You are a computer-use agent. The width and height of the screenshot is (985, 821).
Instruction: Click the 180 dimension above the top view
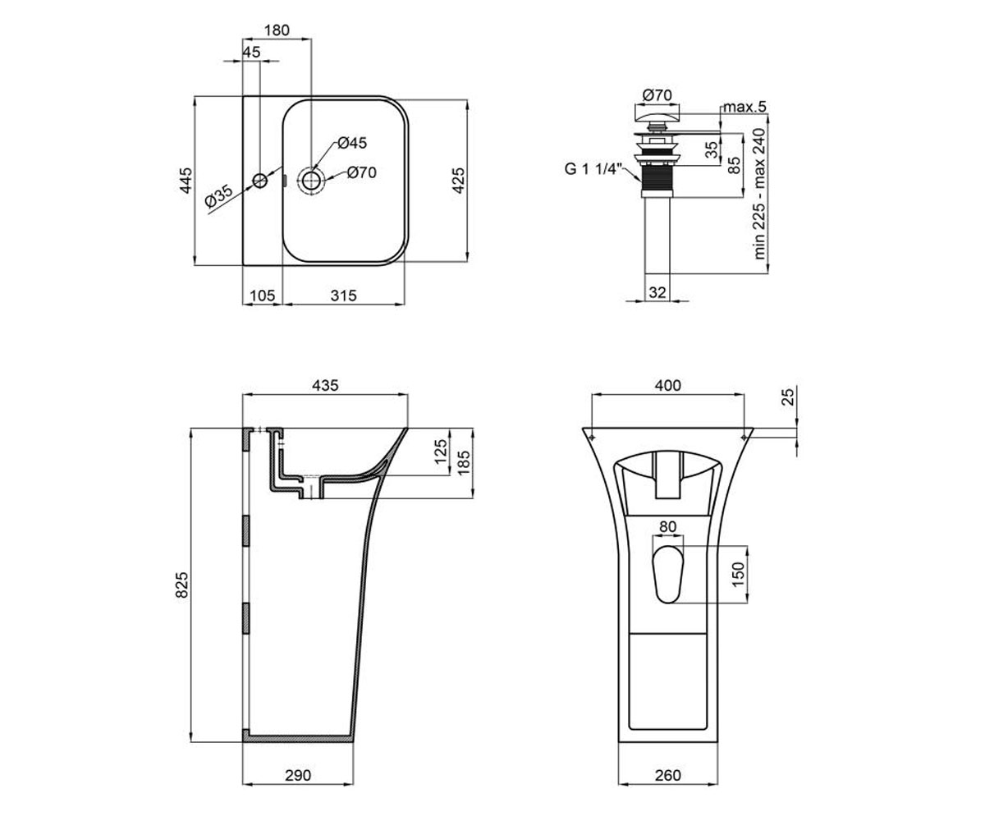pyautogui.click(x=277, y=30)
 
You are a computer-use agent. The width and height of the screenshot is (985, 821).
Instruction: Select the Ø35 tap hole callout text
pyautogui.click(x=219, y=196)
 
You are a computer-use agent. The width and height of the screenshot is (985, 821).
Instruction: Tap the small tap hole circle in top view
pyautogui.click(x=260, y=181)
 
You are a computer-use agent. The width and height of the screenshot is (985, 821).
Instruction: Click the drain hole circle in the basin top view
pyautogui.click(x=311, y=179)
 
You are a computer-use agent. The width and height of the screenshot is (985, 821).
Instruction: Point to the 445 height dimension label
pyautogui.click(x=186, y=181)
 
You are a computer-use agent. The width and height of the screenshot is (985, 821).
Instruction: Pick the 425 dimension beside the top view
pyautogui.click(x=458, y=181)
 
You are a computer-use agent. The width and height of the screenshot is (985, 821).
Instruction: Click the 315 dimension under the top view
pyautogui.click(x=343, y=296)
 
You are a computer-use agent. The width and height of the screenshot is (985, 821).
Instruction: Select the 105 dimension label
pyautogui.click(x=263, y=296)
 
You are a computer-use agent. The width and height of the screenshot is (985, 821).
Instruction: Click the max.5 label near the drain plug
pyautogui.click(x=744, y=107)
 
